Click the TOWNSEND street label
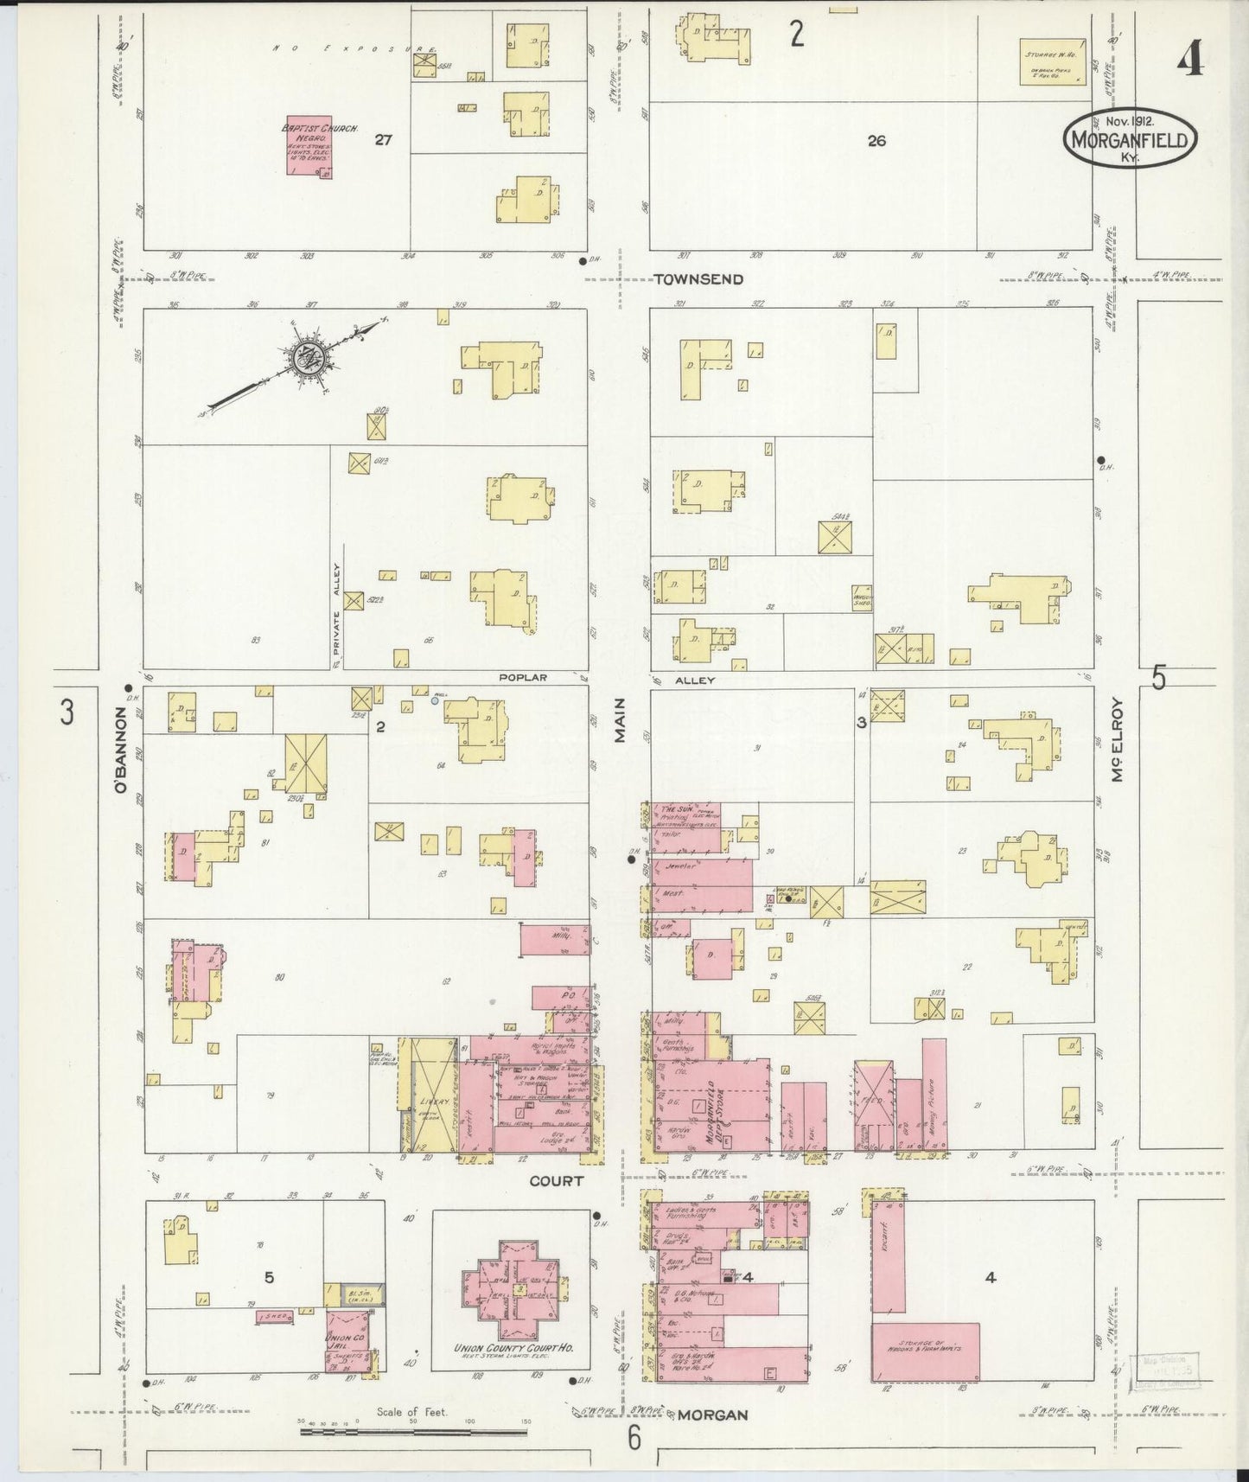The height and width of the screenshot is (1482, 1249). (698, 279)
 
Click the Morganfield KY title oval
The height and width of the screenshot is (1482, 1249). (1131, 138)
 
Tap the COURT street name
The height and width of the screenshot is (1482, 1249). (557, 1180)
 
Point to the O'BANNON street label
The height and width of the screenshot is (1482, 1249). (122, 749)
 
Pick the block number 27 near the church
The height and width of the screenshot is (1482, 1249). (384, 139)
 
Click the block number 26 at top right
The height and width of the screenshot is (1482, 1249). (876, 141)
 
